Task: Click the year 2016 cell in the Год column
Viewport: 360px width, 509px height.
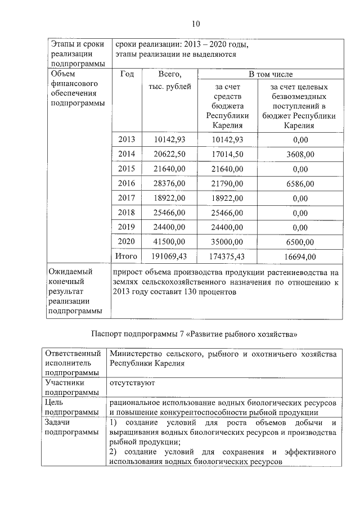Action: [x=127, y=183]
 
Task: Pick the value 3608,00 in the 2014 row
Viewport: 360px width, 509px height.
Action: [x=300, y=154]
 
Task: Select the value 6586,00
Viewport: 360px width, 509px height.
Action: [x=300, y=183]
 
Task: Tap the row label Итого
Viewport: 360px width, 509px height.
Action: [x=127, y=256]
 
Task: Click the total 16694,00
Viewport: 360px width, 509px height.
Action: [x=300, y=256]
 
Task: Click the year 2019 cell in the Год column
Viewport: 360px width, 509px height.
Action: [x=127, y=227]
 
